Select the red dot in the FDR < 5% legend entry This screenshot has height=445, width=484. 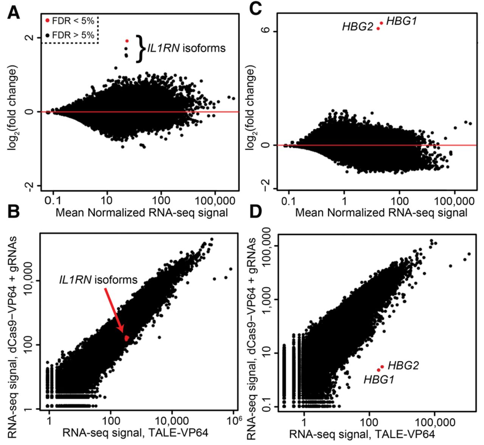[x=48, y=21]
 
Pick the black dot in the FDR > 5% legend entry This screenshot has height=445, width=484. [x=48, y=35]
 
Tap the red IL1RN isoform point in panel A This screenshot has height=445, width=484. [x=127, y=41]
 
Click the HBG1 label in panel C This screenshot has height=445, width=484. [x=401, y=21]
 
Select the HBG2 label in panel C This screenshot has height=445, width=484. [x=358, y=27]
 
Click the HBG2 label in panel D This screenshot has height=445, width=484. [x=403, y=366]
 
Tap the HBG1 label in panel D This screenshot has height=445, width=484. [x=379, y=379]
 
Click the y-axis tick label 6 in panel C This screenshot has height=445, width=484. [x=268, y=31]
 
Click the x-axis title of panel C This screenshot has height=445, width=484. [x=381, y=212]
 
